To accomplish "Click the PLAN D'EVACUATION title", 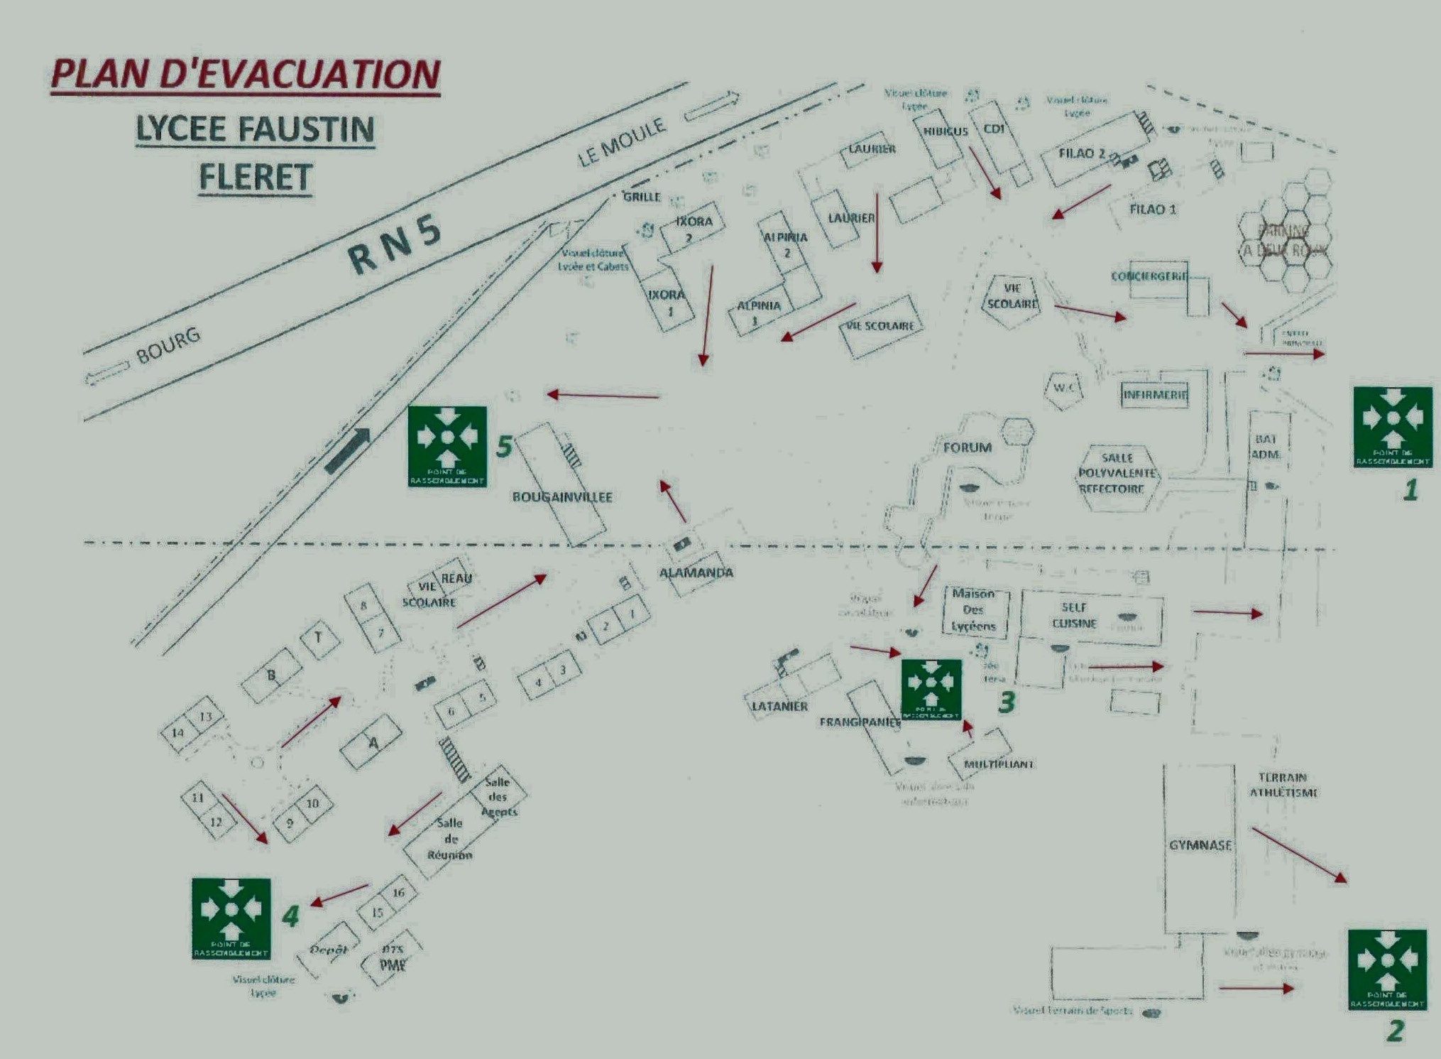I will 246,75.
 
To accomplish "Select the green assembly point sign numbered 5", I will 447,446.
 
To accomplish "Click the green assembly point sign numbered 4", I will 231,918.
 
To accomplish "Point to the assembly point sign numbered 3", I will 931,689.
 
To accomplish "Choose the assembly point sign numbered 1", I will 1392,427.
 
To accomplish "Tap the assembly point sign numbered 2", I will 1387,969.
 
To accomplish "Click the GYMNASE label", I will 1200,845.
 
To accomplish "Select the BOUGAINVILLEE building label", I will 562,497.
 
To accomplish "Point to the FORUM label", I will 967,447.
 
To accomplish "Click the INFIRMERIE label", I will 1155,394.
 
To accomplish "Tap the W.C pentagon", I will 1064,389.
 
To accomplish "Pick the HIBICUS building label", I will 945,131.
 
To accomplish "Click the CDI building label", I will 994,129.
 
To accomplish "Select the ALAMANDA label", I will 696,572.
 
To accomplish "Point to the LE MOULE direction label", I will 622,143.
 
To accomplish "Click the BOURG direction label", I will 168,345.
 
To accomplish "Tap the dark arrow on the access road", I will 348,450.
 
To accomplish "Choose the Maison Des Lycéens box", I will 973,610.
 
